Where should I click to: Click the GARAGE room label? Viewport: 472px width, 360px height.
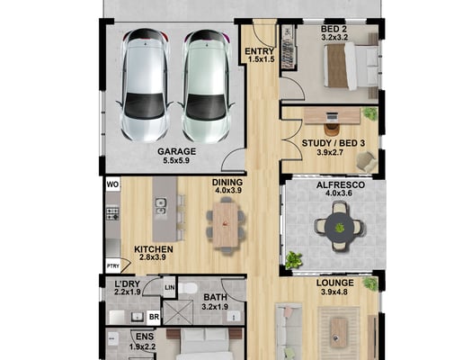(x=177, y=151)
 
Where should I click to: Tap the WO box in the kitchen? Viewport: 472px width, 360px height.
(x=113, y=184)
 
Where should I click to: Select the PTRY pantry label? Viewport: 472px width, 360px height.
(x=113, y=266)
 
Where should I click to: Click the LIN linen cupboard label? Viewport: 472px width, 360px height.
(x=170, y=287)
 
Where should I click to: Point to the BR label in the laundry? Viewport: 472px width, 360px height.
(x=154, y=317)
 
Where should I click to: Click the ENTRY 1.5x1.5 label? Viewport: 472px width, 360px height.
(x=260, y=55)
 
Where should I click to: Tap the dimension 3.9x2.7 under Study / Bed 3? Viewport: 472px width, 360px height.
(x=330, y=152)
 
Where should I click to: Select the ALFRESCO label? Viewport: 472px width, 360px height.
(x=341, y=185)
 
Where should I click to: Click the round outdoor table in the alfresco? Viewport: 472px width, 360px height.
(x=340, y=227)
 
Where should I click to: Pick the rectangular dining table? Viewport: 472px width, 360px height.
(x=225, y=225)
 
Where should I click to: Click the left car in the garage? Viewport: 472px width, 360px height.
(x=145, y=85)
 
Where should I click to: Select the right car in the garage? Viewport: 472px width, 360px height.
(x=206, y=85)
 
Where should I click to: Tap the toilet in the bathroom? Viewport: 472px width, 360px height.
(x=188, y=288)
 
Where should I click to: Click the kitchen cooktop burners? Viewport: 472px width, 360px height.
(x=113, y=213)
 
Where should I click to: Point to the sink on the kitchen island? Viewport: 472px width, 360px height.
(x=160, y=206)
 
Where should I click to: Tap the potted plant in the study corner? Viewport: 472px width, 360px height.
(x=370, y=113)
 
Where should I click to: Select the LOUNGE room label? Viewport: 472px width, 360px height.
(x=335, y=283)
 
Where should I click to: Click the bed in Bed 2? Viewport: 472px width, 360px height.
(x=351, y=66)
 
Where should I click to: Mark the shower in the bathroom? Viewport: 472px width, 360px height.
(x=178, y=312)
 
